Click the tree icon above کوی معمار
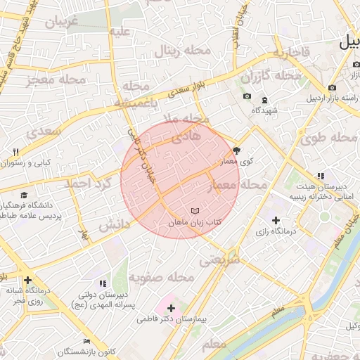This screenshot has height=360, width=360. pyautogui.click(x=236, y=150)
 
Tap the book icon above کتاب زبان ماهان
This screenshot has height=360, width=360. pyautogui.click(x=195, y=211)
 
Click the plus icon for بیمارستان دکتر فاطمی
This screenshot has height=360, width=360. pyautogui.click(x=172, y=307)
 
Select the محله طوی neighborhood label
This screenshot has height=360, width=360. pyautogui.click(x=328, y=138)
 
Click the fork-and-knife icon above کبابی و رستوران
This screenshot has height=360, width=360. pyautogui.click(x=15, y=151)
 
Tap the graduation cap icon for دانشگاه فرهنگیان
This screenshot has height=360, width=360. pyautogui.click(x=24, y=195)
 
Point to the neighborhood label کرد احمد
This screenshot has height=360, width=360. pyautogui.click(x=89, y=183)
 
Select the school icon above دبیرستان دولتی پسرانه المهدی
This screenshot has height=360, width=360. pyautogui.click(x=103, y=283)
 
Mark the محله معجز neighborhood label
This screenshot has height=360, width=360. pyautogui.click(x=56, y=79)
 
